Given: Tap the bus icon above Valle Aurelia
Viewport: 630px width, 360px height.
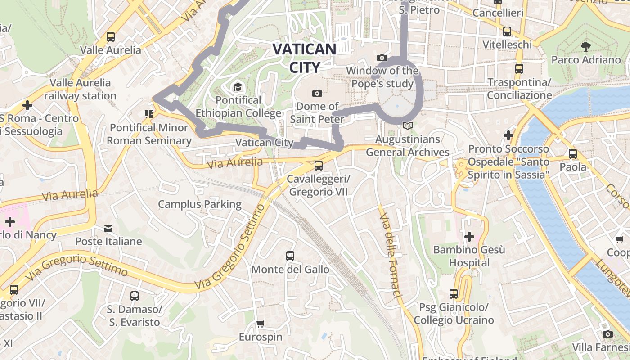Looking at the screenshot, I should point(111,37).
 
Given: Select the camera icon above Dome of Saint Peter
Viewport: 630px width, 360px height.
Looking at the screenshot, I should point(317,93).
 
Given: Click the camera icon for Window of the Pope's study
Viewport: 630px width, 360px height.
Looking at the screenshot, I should point(382,58).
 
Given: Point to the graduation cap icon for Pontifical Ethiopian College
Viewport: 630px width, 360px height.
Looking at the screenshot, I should point(237,86).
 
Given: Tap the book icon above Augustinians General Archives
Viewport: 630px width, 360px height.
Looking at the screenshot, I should point(407,126).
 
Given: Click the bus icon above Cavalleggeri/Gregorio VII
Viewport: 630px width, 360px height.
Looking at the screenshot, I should point(319,165).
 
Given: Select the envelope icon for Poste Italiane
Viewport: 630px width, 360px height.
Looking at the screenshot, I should point(108,228).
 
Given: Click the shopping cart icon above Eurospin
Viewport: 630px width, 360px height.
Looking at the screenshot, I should point(260,324).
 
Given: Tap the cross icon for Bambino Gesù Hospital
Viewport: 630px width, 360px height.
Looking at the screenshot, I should point(469,236).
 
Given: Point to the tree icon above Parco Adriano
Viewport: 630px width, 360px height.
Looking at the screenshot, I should point(585,46).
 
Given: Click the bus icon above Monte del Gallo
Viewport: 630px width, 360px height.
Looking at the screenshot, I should point(290,256).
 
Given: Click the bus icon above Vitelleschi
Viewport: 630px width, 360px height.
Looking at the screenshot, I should point(507,31).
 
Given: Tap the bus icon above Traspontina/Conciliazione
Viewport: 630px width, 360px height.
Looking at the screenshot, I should point(519,69).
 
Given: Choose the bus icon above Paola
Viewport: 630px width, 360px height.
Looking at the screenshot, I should point(573,153).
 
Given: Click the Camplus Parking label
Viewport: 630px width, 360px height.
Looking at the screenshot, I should point(200,204).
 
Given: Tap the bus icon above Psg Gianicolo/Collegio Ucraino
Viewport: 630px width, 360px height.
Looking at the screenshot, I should point(454,294).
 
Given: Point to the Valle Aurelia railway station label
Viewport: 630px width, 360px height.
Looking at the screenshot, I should point(81,89).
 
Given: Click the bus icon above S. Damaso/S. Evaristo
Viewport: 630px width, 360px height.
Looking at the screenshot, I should point(134,296).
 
